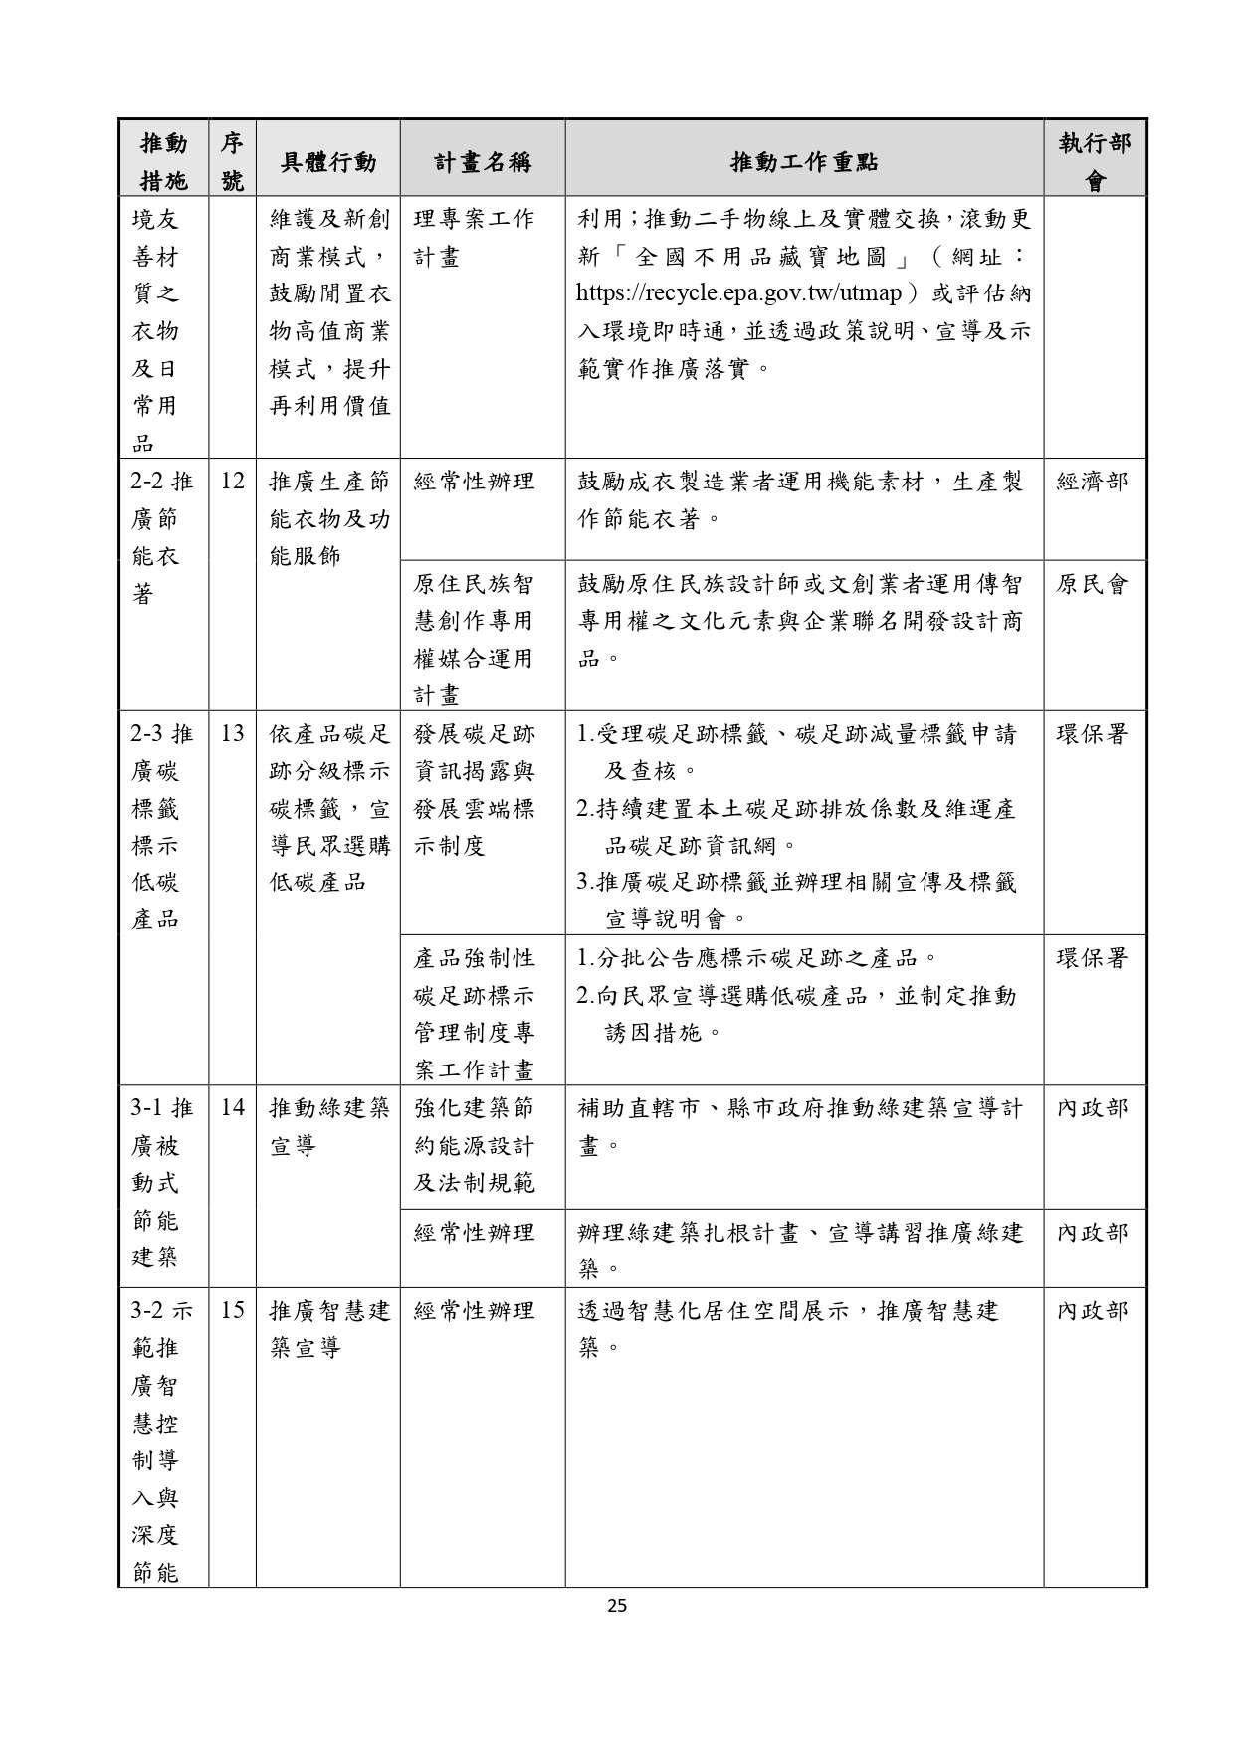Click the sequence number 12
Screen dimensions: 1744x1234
pyautogui.click(x=232, y=482)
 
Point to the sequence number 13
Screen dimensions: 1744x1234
pyautogui.click(x=232, y=734)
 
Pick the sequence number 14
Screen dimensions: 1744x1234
pyautogui.click(x=232, y=1107)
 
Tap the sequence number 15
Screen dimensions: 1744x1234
pyautogui.click(x=232, y=1310)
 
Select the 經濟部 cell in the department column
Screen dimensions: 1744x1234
pyautogui.click(x=1092, y=483)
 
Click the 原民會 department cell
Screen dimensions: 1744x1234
pyautogui.click(x=1092, y=585)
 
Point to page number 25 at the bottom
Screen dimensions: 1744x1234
pyautogui.click(x=617, y=1605)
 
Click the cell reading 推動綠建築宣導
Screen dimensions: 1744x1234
pyautogui.click(x=328, y=1126)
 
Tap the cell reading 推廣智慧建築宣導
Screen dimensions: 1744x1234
pyautogui.click(x=328, y=1329)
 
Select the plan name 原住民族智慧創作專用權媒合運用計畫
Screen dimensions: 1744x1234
pyautogui.click(x=474, y=640)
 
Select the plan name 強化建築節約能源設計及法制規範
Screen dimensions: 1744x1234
pyautogui.click(x=474, y=1145)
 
